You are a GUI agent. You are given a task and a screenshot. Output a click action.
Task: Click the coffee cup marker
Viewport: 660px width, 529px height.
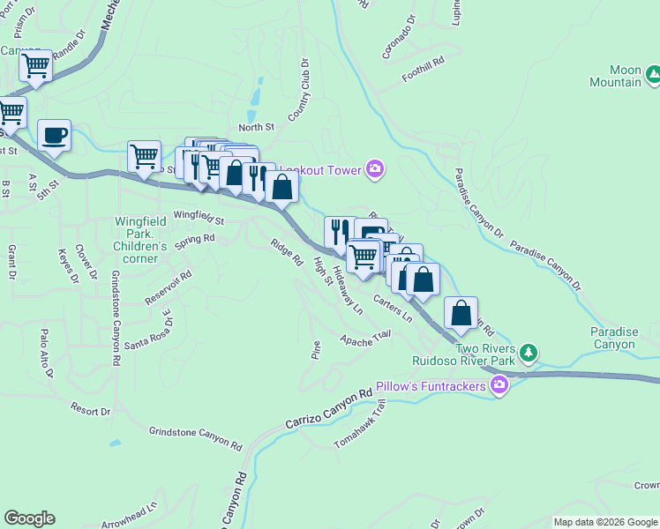pos(55,135)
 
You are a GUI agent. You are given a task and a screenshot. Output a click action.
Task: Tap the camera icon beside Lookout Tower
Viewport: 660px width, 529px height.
pos(375,168)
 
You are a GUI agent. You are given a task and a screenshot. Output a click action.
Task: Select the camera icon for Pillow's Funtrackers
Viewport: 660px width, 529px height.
pos(499,386)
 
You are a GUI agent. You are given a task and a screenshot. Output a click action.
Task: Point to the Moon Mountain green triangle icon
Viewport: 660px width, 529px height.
pos(653,76)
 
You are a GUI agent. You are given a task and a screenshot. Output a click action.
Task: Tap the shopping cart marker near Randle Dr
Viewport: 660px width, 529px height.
pos(36,65)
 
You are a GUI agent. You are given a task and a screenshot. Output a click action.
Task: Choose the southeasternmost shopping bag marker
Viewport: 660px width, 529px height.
pos(461,312)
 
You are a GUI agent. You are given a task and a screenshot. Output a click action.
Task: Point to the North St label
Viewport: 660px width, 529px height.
pos(257,127)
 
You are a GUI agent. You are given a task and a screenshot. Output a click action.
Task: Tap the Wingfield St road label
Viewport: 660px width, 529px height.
pos(199,215)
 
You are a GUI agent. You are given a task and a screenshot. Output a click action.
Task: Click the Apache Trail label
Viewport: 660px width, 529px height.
pos(365,338)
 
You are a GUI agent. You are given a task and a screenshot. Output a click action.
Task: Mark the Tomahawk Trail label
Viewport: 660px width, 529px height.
pos(361,424)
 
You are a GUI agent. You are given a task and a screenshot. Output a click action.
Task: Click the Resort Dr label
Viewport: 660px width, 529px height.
pos(92,411)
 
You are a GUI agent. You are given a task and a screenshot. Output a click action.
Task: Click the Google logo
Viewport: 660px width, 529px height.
pos(29,518)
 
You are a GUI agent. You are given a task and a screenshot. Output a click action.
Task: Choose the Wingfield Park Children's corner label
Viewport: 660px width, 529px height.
pos(139,235)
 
